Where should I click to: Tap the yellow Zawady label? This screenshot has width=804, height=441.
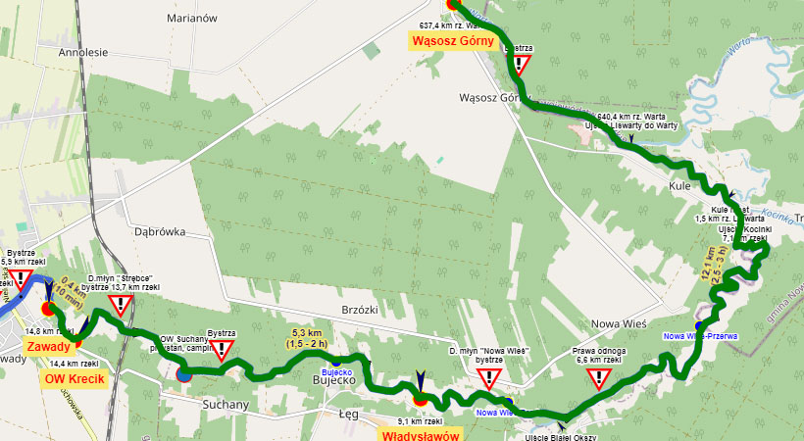(x=47, y=347)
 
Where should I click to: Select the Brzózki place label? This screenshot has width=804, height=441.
(x=357, y=308)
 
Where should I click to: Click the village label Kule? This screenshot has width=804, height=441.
(x=680, y=185)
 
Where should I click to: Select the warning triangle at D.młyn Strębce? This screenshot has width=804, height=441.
(x=121, y=305)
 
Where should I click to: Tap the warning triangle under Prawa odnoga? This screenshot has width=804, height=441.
(x=598, y=379)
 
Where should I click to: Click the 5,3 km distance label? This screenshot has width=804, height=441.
(x=308, y=337)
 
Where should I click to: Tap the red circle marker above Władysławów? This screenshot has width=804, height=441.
(x=420, y=399)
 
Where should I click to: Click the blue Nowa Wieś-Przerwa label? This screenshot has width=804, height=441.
(x=700, y=336)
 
